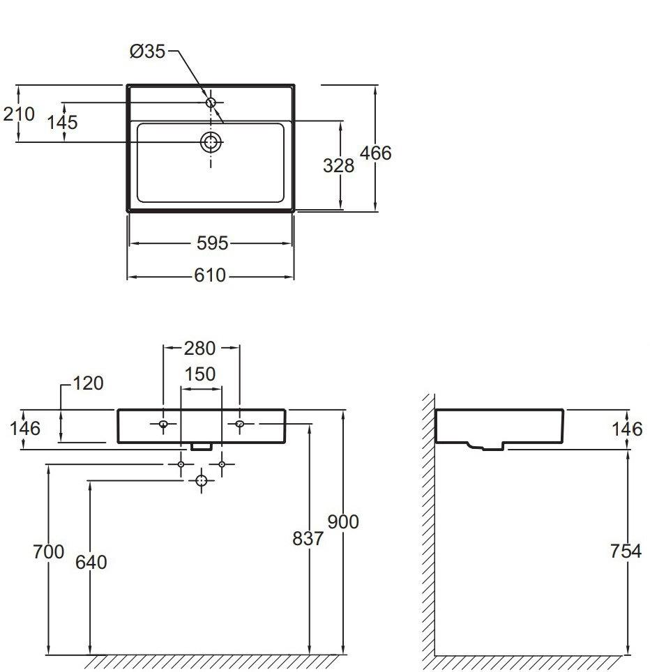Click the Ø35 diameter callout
147,52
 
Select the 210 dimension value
19,114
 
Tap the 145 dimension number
62,122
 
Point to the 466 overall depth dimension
376,153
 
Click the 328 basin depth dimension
339,165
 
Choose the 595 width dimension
212,243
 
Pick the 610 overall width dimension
210,275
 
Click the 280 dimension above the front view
199,349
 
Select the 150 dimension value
199,374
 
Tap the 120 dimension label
89,383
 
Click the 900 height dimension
343,521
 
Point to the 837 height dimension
308,539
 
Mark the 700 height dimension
48,551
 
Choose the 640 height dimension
91,563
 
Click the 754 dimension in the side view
626,551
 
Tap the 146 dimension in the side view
627,429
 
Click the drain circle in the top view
211,142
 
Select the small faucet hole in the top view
211,102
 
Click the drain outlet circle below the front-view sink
202,480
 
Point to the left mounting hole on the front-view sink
163,424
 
